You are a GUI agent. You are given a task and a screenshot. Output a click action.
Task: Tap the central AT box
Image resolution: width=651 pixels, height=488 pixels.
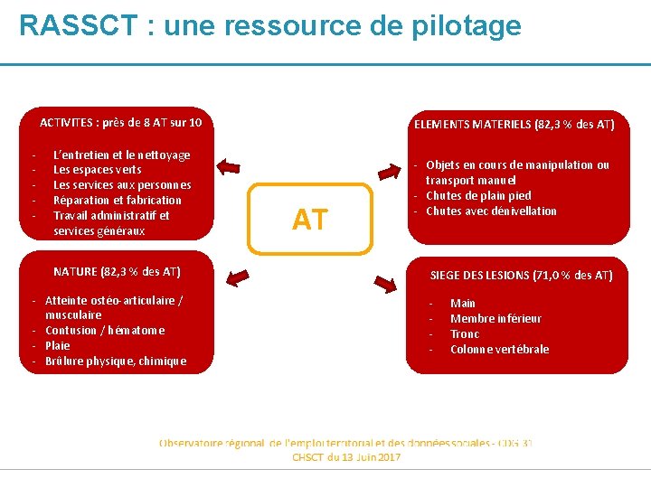tap(310, 219)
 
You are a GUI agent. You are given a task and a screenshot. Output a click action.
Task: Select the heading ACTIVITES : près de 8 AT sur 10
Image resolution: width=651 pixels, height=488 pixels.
tap(121, 122)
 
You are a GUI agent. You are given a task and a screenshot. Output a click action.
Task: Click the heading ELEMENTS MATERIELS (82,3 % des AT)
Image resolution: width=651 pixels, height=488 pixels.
tap(514, 124)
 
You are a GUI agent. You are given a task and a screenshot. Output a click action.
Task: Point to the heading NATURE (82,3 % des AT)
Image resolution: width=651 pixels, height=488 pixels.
tap(117, 271)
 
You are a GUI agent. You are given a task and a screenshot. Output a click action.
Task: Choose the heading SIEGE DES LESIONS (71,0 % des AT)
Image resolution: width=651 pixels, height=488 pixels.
tap(521, 275)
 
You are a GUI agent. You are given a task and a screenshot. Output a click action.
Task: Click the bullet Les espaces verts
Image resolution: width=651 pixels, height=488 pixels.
tap(98, 170)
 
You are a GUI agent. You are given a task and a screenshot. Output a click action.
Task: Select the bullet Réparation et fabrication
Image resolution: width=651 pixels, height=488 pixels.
tap(118, 201)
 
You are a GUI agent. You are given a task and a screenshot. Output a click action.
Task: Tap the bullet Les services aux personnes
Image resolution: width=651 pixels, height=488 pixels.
tap(122, 185)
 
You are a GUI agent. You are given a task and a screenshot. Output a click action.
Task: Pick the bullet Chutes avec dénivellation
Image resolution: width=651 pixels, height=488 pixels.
tap(491, 211)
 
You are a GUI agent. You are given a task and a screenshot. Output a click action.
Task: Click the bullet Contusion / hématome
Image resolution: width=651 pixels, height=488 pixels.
tap(105, 331)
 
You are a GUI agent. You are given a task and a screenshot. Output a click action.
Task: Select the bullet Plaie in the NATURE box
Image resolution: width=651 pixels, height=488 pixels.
tap(57, 346)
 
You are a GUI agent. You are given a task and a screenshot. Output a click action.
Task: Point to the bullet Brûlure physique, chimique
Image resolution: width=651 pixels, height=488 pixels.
tap(115, 361)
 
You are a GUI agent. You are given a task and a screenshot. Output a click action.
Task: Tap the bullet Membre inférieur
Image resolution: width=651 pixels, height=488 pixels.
tap(495, 319)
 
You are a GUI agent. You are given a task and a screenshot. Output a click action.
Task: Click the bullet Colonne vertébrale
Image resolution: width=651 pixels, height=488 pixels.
tap(499, 350)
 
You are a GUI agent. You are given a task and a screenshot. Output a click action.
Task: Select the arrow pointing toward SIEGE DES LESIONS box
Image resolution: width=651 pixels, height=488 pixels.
tap(385, 286)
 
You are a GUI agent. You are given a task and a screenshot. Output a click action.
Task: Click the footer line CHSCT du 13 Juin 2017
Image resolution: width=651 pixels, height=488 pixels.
tap(345, 458)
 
